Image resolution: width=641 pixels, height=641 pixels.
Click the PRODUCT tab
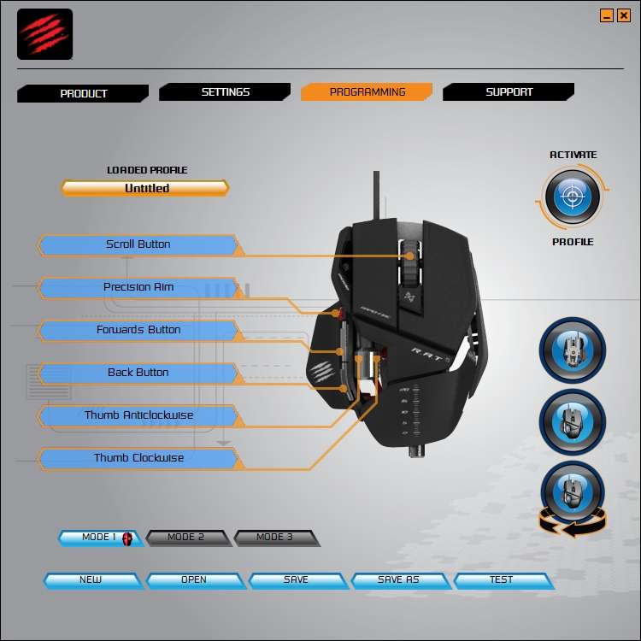(83, 93)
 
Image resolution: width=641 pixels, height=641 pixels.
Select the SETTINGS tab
(225, 92)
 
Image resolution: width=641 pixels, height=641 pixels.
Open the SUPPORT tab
(509, 92)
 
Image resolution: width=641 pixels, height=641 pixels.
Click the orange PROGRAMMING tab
(367, 92)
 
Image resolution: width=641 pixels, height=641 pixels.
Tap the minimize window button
(607, 16)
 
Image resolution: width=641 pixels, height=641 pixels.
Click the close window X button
(624, 16)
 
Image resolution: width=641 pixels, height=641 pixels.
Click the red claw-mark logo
(45, 34)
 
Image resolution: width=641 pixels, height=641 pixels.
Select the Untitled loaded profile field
(145, 188)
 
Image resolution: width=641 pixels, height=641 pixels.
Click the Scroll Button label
(138, 244)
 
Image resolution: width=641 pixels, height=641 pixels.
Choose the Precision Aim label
(138, 287)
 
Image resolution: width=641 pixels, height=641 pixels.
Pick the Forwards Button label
(138, 330)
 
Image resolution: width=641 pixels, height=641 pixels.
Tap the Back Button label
(138, 373)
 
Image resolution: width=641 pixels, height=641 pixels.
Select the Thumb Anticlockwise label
(138, 415)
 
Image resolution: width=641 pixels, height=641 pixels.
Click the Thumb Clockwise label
(138, 458)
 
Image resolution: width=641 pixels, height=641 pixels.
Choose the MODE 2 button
(187, 538)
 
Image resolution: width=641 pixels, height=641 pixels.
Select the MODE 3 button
(276, 538)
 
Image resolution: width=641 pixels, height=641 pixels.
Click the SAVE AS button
(400, 580)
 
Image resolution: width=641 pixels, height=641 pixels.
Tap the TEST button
(503, 580)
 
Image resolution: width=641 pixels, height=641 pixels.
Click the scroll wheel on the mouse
(410, 262)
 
